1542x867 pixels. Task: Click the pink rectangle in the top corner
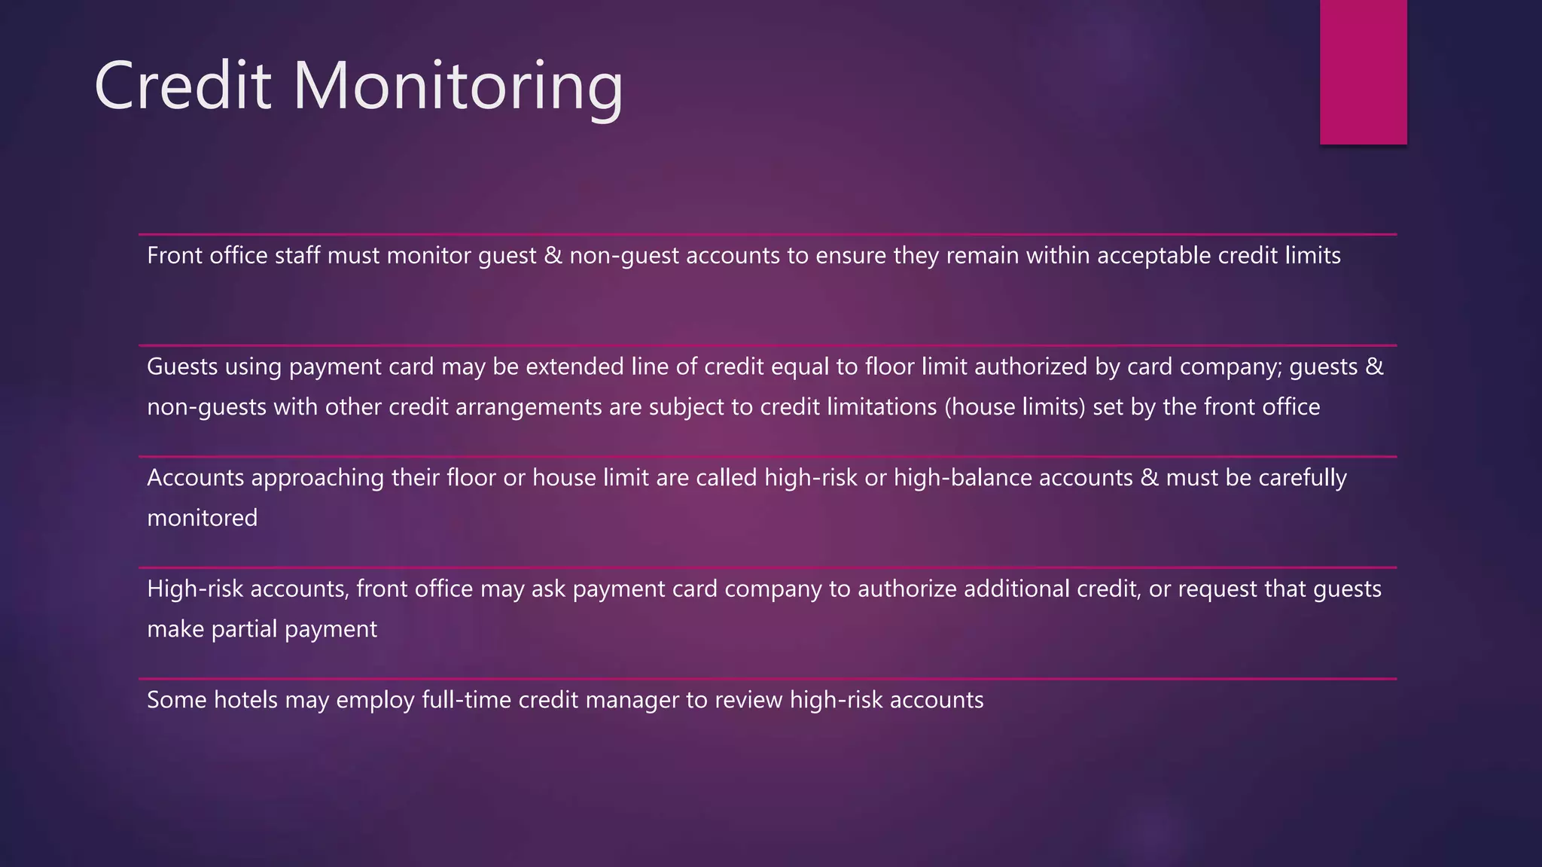[1363, 71]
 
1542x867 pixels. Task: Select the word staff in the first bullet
[297, 256]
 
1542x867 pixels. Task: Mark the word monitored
[202, 518]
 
